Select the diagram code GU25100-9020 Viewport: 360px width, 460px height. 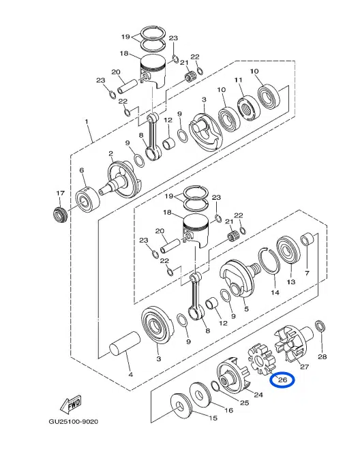pyautogui.click(x=73, y=422)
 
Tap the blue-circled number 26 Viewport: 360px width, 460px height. pyautogui.click(x=282, y=380)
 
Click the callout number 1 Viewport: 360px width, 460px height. pyautogui.click(x=87, y=123)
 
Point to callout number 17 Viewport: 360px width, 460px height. pyautogui.click(x=60, y=194)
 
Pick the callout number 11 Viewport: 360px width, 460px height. pyautogui.click(x=239, y=81)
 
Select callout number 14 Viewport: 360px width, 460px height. pyautogui.click(x=275, y=293)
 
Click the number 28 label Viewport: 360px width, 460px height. pyautogui.click(x=322, y=356)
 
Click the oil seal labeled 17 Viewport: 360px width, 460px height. pyautogui.click(x=59, y=215)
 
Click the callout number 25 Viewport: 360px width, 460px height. pyautogui.click(x=243, y=403)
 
